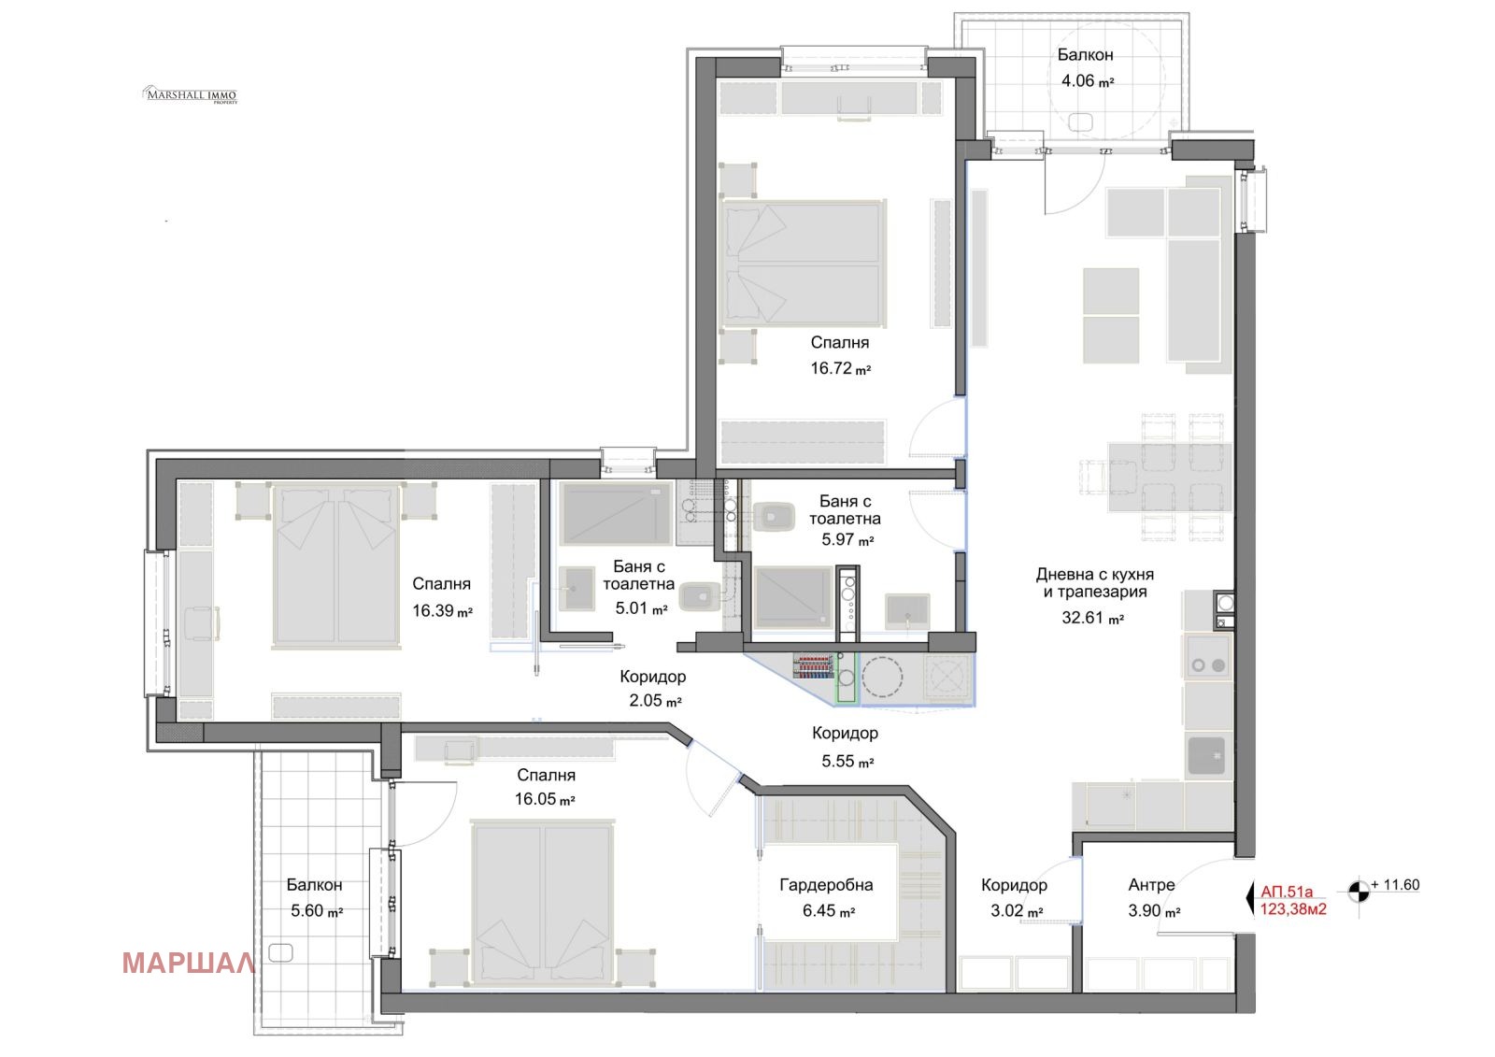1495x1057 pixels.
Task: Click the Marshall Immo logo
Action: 191,94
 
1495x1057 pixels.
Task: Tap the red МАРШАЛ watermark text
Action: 188,964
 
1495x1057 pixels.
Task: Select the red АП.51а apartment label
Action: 1286,892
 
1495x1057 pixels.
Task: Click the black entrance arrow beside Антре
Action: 1250,899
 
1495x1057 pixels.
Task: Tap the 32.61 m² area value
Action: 1092,619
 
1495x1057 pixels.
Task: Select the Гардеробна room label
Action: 826,885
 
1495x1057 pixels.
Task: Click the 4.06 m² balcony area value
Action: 1088,81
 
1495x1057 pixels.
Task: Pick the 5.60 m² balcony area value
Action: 317,911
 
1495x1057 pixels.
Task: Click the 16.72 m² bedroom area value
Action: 840,368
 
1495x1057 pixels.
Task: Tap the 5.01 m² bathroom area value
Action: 641,608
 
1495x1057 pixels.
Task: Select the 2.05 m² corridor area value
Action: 655,700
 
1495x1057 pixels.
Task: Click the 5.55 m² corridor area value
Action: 847,761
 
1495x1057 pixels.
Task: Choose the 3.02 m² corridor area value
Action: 1017,911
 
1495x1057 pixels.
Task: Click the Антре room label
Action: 1151,885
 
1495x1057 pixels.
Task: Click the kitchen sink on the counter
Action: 1206,755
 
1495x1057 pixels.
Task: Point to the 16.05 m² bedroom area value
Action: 545,799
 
